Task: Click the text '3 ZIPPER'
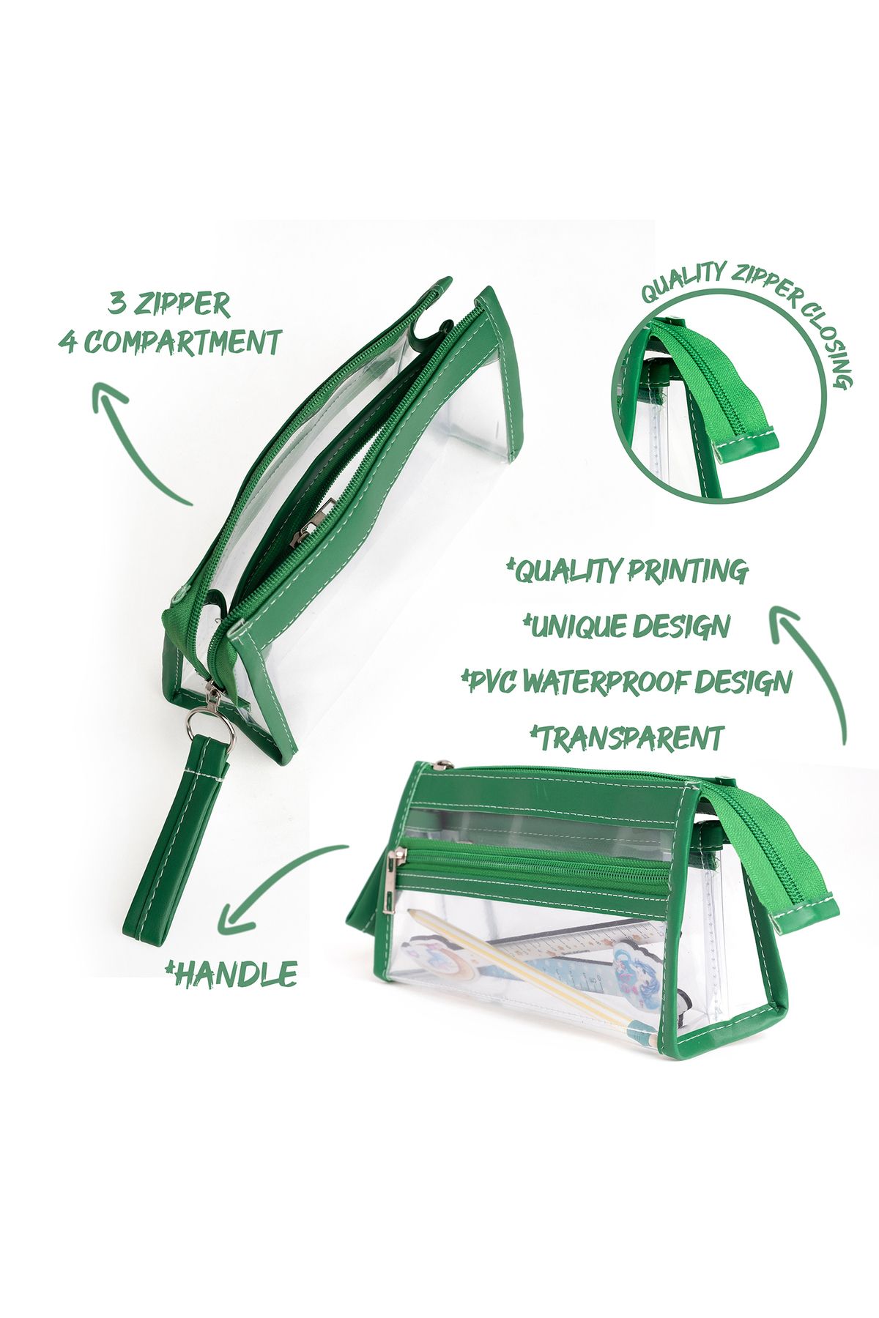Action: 169,304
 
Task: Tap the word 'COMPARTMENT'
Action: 183,341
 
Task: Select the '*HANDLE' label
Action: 231,974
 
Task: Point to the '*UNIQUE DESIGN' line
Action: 627,626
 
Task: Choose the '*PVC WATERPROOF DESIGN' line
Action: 627,682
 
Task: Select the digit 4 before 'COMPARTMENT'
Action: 68,342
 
